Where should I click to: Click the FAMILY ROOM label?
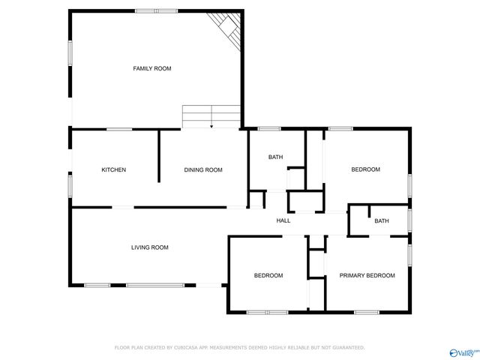pos(152,68)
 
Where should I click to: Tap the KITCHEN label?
pos(114,169)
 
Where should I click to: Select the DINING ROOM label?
pos(203,169)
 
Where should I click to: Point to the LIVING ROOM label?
pos(150,247)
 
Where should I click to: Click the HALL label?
pos(283,220)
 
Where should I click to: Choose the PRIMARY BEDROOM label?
pos(367,275)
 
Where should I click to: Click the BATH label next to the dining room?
pos(275,157)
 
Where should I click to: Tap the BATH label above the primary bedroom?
pos(382,220)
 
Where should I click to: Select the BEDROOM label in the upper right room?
pos(366,169)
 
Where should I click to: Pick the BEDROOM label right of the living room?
pos(268,275)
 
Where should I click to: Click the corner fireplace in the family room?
pos(226,27)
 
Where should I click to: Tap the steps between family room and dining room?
pos(211,117)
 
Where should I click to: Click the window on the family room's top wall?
pos(156,10)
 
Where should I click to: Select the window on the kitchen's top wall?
pos(118,129)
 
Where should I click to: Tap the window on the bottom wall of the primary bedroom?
pos(366,311)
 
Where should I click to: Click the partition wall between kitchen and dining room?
pos(159,156)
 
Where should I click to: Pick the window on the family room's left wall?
pos(70,52)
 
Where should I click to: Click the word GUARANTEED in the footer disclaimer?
pos(346,347)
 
